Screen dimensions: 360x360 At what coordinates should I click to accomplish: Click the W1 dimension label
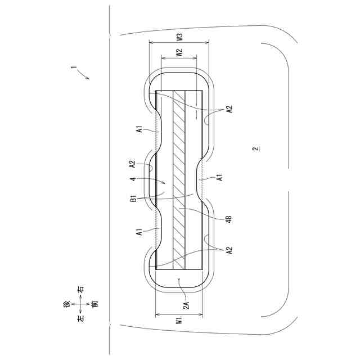coord(179,321)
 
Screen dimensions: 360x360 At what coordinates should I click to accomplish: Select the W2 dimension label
coord(179,52)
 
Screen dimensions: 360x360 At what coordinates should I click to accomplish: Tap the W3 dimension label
coord(180,37)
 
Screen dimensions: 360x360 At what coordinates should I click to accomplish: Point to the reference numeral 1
coord(74,67)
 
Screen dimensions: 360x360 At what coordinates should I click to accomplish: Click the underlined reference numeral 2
coord(256,149)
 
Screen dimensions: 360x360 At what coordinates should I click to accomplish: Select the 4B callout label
coord(229,219)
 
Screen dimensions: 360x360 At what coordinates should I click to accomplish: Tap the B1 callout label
coord(134,199)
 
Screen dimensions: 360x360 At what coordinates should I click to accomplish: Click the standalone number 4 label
coord(134,179)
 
